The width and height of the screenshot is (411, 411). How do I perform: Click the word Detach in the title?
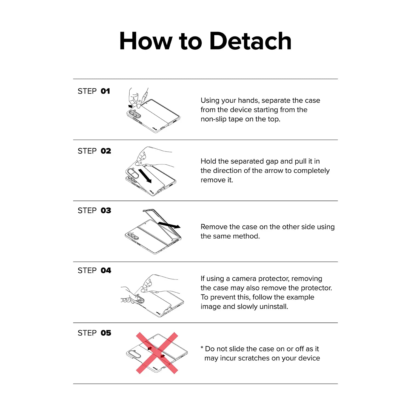(250, 41)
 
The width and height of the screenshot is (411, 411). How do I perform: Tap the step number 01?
(105, 91)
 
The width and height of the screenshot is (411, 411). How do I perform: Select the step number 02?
(106, 151)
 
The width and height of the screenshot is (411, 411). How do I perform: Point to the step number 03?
(106, 210)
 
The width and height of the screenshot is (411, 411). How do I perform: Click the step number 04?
(106, 270)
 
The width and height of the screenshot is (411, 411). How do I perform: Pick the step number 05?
(106, 333)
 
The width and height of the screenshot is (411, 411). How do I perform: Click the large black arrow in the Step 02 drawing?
(145, 176)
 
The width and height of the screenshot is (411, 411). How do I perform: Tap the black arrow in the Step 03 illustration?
(169, 225)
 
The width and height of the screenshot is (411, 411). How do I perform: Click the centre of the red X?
(157, 353)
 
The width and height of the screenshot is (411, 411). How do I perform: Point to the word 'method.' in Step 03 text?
(246, 236)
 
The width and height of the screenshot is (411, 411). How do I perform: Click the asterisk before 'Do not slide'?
(202, 347)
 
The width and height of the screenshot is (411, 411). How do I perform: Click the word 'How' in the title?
(145, 41)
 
